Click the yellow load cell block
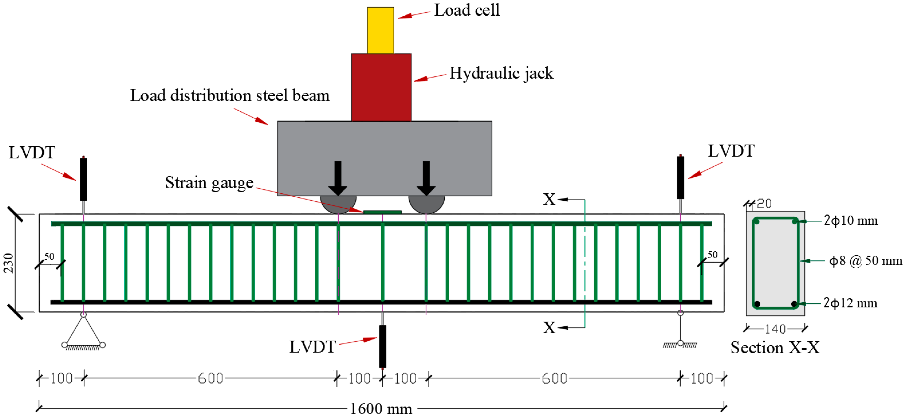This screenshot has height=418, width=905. (380, 30)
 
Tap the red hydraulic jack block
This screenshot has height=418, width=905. (381, 87)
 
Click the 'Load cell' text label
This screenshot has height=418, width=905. (467, 10)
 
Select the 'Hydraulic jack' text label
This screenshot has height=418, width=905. (501, 73)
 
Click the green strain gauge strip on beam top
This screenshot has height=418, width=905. (382, 212)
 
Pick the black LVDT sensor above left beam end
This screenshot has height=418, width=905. (83, 179)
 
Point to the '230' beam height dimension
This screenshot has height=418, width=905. (8, 263)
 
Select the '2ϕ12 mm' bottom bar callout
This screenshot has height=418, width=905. (850, 303)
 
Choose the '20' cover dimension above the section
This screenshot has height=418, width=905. (764, 203)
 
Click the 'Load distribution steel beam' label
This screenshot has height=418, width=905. (230, 96)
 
